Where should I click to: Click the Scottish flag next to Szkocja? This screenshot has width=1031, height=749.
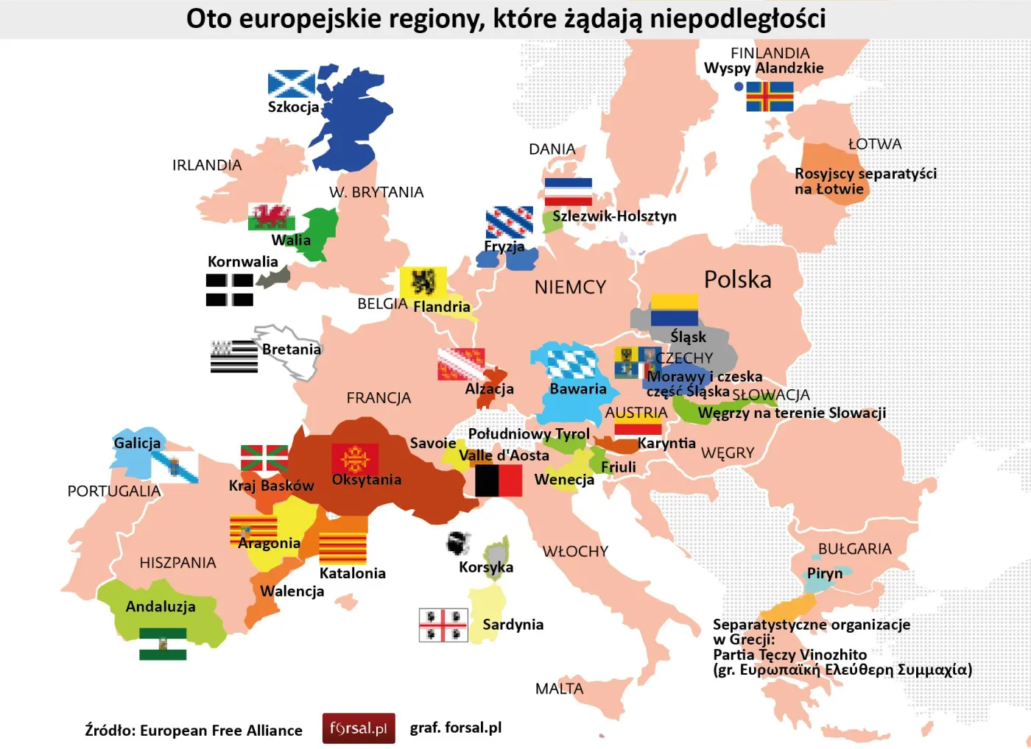pos(292,84)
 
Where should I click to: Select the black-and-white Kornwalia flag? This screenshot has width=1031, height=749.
pos(230,289)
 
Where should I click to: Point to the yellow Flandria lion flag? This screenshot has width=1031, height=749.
pos(423,283)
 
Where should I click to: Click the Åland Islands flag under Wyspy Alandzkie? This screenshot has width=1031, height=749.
pos(770,96)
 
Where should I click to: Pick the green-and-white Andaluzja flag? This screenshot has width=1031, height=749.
pos(163,644)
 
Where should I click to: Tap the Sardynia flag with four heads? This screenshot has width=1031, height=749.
pos(443,625)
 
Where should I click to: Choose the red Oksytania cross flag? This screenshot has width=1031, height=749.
pos(355,458)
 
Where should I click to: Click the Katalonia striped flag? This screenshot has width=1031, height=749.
pos(342,548)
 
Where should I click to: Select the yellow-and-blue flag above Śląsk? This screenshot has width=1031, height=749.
pos(674,310)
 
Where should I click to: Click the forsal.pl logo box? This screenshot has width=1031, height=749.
pos(359,728)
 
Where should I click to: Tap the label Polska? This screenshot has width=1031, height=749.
pos(737,280)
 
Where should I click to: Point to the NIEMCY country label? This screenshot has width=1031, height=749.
pos(570,287)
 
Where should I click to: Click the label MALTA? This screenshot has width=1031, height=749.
pos(559,689)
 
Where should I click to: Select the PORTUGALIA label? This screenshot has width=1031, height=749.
pos(113,491)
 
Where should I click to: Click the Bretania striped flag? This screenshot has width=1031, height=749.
pos(234,356)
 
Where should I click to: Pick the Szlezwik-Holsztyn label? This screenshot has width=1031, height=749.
pos(614,216)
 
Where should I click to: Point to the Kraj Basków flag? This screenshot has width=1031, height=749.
pos(264,458)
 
